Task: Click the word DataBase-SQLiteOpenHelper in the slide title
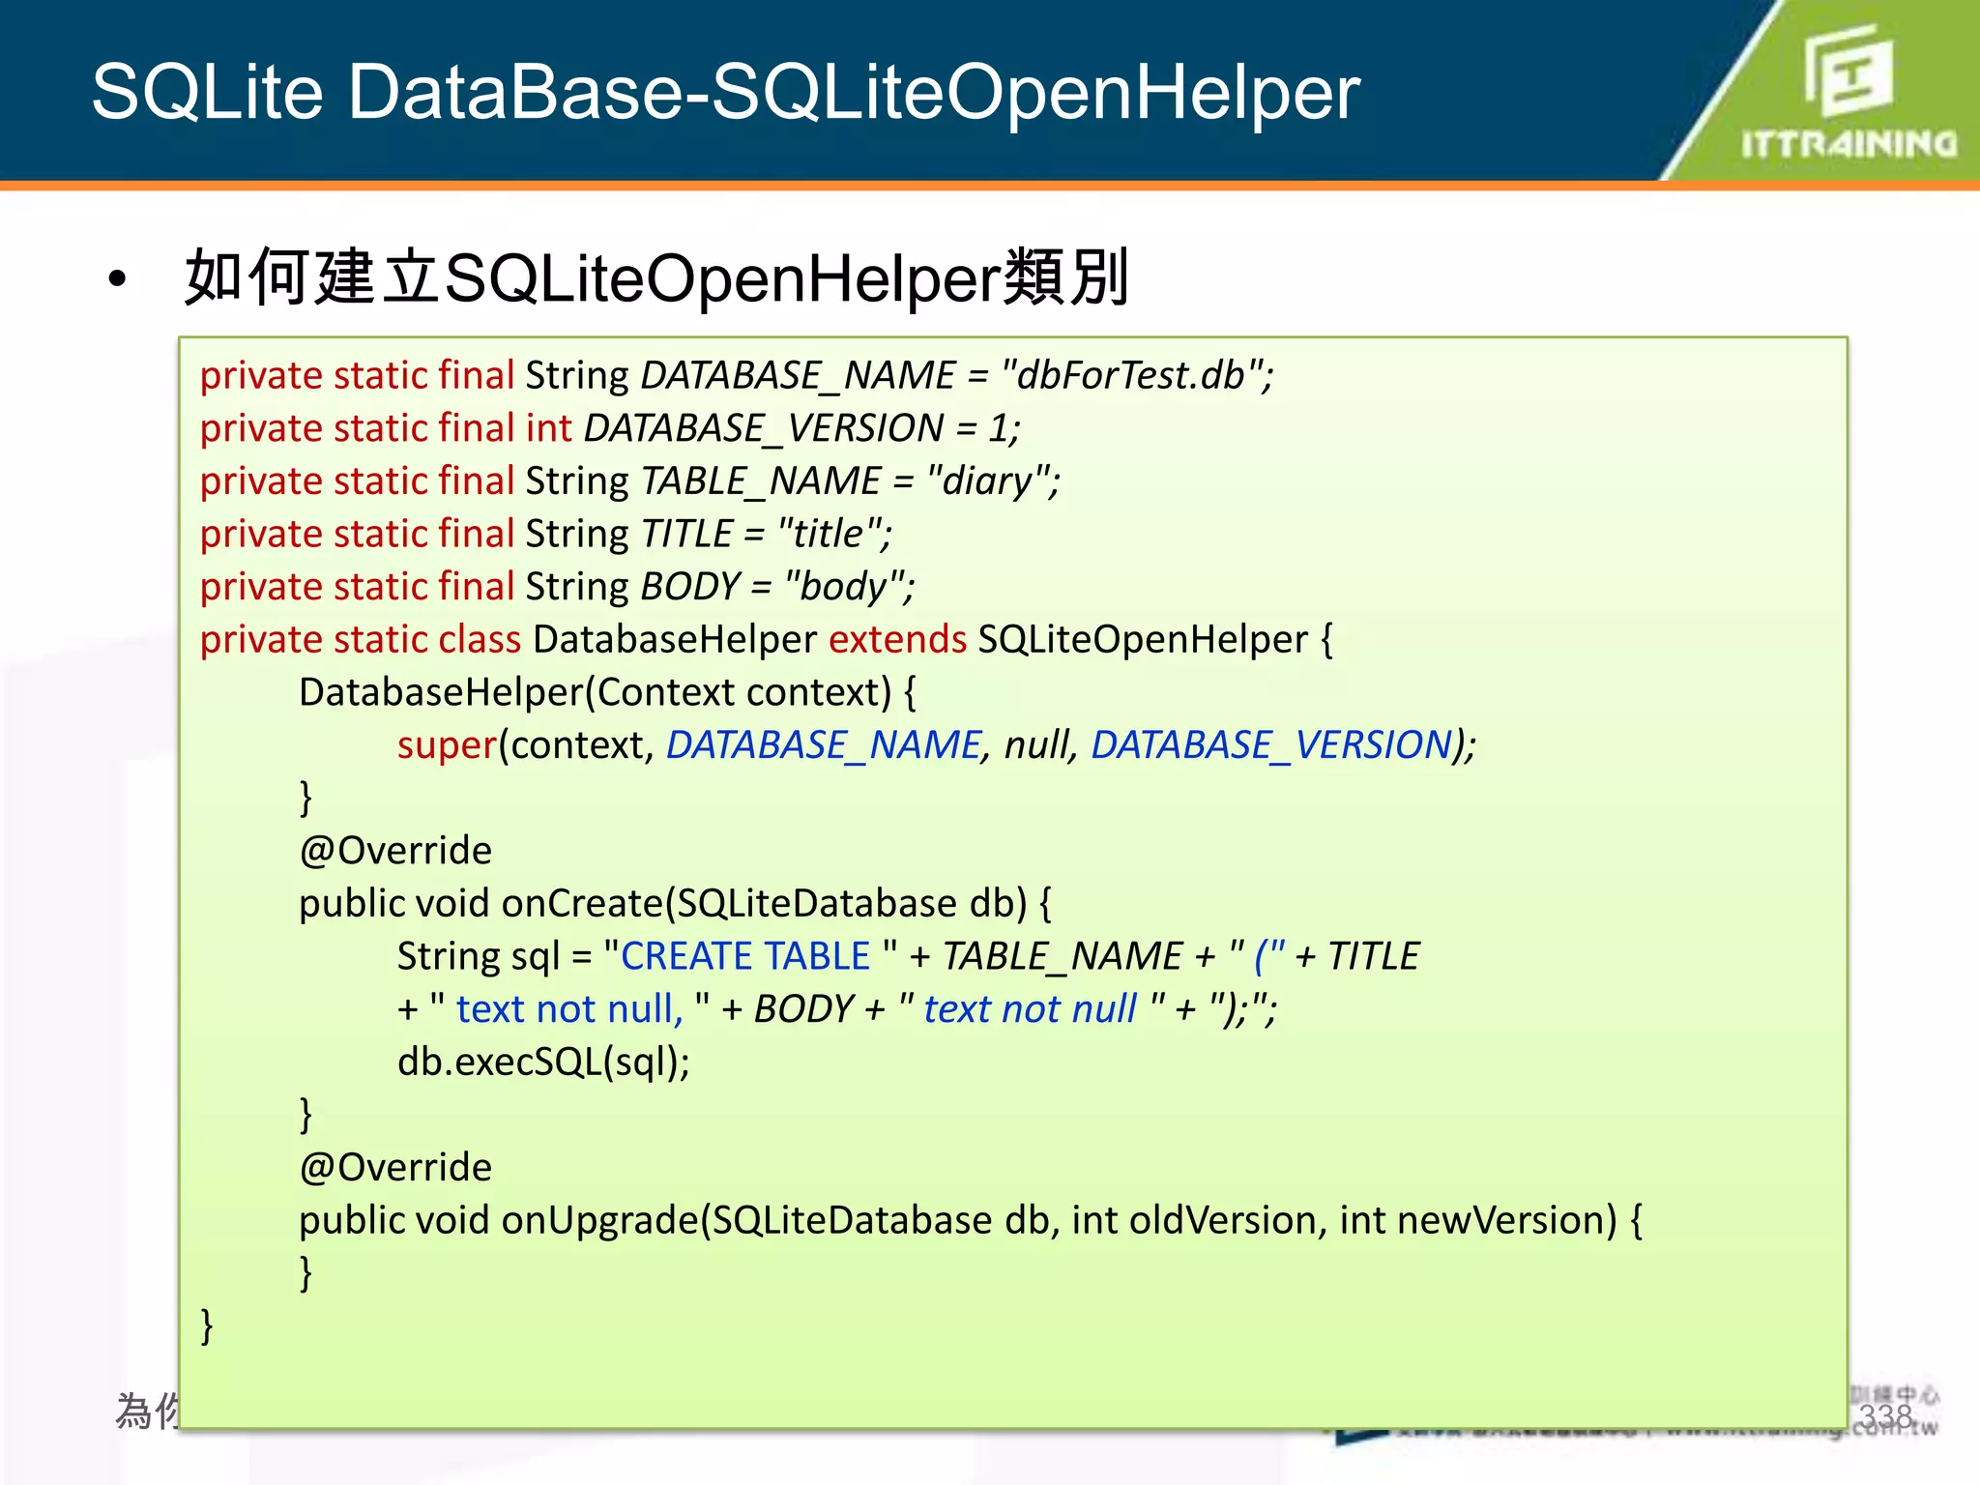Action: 854,92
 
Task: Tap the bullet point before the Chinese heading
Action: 118,279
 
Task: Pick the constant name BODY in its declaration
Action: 689,587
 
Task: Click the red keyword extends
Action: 897,640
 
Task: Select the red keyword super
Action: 447,745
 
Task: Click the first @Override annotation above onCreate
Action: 395,851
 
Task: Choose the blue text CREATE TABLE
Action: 745,956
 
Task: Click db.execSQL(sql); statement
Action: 543,1062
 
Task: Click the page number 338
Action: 1885,1416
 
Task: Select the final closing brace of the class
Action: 207,1325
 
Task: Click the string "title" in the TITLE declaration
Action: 829,534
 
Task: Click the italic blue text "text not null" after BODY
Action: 1030,1009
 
